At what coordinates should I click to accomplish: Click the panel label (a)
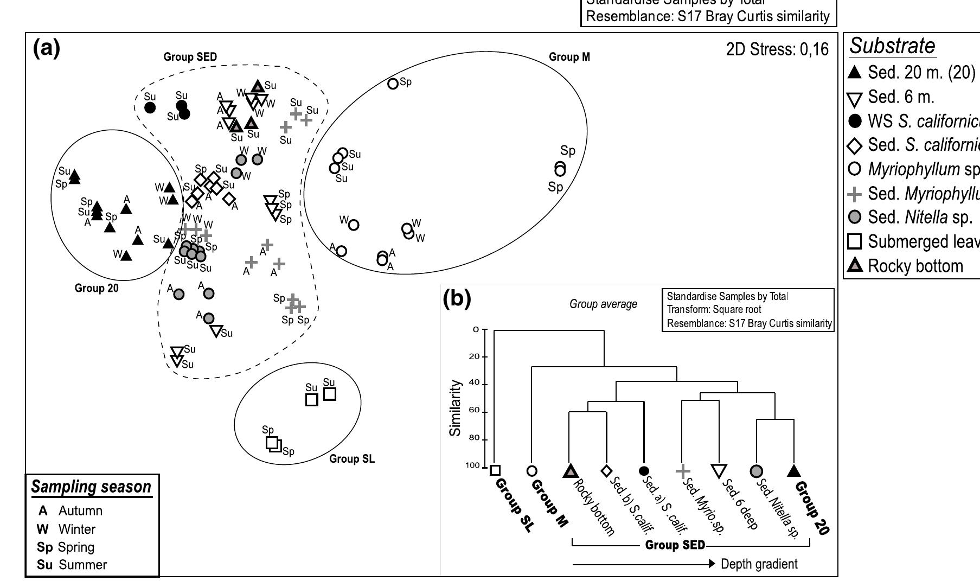pos(47,49)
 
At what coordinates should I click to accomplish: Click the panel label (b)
pos(457,298)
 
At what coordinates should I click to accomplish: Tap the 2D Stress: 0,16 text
pos(777,50)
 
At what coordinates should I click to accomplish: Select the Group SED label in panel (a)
pos(190,57)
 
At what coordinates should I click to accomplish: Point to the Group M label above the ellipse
pos(569,57)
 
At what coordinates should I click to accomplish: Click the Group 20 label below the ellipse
pos(96,288)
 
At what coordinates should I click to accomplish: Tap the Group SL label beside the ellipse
pos(351,459)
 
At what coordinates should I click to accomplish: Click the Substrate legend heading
pos(892,46)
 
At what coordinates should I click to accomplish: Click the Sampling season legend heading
pos(91,487)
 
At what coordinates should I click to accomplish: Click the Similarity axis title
pos(455,407)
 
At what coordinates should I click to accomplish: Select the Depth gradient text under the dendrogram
pos(758,564)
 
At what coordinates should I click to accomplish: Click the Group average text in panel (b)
pos(603,304)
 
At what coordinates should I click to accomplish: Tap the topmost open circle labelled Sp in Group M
pos(393,84)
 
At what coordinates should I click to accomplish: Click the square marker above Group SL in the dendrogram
pos(495,470)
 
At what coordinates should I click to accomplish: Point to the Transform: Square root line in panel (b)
pos(714,310)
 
